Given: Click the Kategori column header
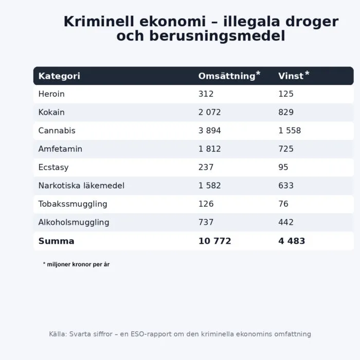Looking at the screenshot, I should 59,76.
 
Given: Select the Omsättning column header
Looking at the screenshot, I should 227,76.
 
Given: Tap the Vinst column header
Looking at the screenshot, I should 291,76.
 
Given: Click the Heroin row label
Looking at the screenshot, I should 51,94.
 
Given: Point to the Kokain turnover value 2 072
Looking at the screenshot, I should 209,113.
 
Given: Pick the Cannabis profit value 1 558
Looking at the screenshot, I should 290,131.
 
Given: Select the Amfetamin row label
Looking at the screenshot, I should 60,149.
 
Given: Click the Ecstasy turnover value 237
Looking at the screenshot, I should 206,168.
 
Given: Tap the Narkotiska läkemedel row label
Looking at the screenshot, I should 81,186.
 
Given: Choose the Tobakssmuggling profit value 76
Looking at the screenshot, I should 283,204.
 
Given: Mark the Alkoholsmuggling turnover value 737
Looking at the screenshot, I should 206,223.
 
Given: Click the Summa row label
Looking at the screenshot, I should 56,241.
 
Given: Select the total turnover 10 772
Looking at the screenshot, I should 214,241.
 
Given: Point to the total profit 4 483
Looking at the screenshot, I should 292,241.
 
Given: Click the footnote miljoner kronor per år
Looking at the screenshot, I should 76,264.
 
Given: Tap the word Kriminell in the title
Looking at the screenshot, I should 97,22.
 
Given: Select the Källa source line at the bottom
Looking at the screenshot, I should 180,334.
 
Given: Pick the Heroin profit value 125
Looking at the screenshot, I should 286,94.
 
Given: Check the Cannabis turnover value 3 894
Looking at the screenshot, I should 209,131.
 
